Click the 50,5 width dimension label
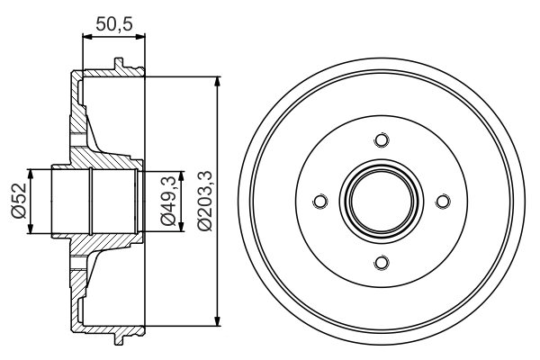pos(112,24)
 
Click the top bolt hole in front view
pos(380,140)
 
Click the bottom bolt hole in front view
pos(380,262)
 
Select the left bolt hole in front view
pos(319,202)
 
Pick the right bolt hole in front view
pos(441,202)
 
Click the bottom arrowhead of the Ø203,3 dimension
pos(217,319)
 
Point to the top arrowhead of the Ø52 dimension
pos(32,174)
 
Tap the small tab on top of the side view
pos(118,64)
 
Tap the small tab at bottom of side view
pos(118,339)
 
